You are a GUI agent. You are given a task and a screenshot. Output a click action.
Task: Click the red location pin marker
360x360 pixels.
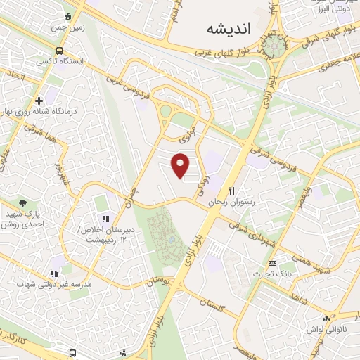[x=181, y=166]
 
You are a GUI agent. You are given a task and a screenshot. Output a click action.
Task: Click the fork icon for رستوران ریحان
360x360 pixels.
[x=232, y=191]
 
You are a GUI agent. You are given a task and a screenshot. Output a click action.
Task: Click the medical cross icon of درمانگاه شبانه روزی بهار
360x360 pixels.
[x=39, y=101]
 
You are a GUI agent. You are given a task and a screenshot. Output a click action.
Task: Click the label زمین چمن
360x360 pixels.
[x=67, y=27]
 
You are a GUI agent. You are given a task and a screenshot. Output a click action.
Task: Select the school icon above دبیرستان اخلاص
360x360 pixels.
[x=105, y=219]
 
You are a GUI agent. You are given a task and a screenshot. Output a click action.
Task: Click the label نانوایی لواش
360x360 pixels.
[x=325, y=329]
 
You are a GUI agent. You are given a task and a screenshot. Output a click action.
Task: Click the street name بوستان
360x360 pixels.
[x=159, y=281]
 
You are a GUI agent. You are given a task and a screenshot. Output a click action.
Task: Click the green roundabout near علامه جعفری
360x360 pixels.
[x=278, y=46]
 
